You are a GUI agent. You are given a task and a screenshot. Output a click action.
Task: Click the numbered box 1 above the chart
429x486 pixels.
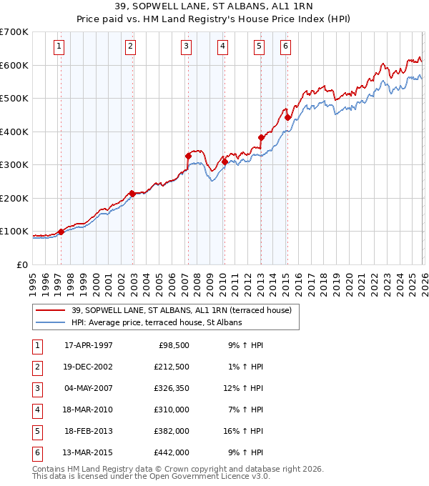click(x=58, y=47)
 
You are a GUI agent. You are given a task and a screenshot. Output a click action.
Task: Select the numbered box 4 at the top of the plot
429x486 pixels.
click(x=223, y=47)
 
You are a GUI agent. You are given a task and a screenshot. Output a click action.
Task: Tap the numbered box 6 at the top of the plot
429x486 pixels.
click(x=285, y=47)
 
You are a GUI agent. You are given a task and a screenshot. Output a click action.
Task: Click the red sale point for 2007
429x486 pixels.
click(x=188, y=156)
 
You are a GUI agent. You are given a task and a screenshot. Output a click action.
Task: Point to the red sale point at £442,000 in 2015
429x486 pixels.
click(x=287, y=118)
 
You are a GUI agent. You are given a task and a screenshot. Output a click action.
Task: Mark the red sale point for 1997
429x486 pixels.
click(x=61, y=232)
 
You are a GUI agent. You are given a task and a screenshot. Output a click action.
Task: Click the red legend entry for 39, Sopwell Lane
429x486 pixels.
click(x=182, y=310)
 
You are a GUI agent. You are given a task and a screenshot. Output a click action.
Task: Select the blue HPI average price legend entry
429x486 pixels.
click(x=157, y=322)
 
